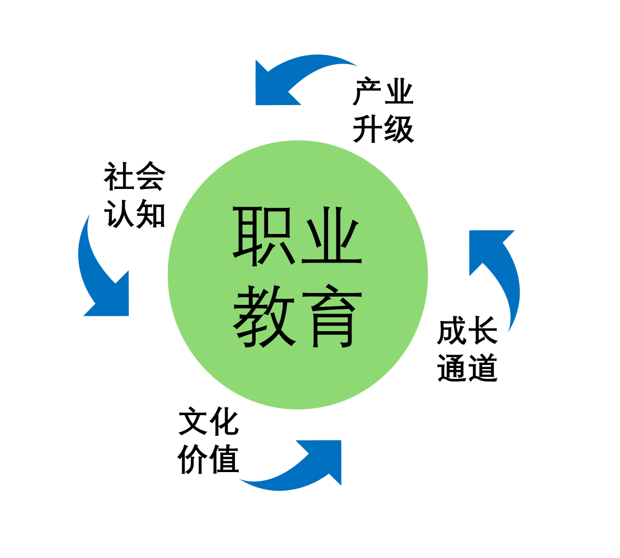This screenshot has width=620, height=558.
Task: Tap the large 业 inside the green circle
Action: (x=331, y=236)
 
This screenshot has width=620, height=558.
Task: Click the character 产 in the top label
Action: (x=368, y=92)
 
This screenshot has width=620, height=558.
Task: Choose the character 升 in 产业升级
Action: (x=368, y=128)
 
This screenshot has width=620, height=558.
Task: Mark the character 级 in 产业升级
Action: (x=399, y=128)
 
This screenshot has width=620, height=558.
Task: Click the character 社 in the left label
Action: (x=119, y=177)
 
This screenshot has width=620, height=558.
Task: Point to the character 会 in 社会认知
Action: (x=150, y=177)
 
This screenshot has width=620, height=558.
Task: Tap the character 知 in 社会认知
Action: (x=150, y=213)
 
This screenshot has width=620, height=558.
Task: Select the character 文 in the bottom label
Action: (x=194, y=422)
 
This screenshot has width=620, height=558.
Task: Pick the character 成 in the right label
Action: (x=452, y=331)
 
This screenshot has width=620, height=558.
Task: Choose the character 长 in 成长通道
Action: (x=483, y=331)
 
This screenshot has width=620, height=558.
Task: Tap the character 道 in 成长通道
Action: (x=483, y=368)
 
